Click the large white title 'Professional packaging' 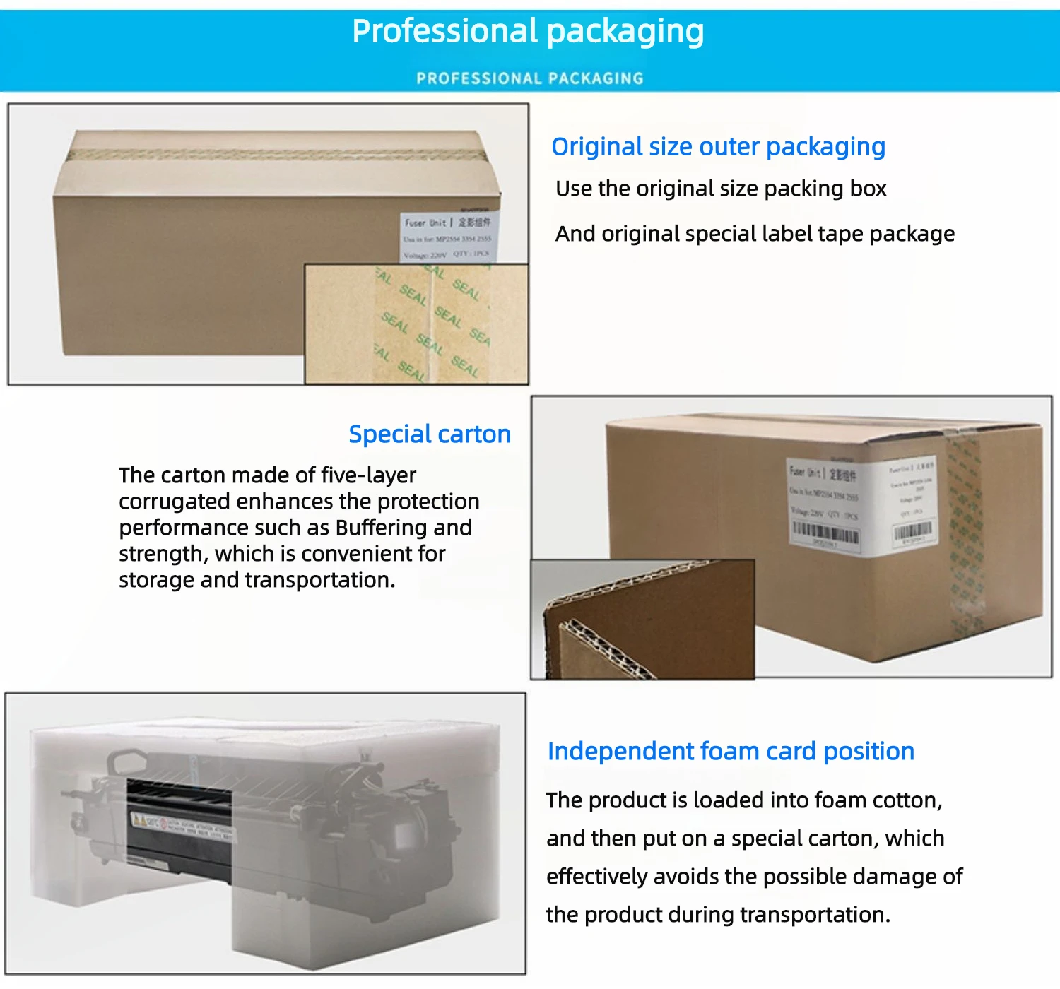(528, 32)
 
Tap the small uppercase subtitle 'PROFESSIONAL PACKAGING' (530, 78)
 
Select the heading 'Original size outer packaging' (718, 147)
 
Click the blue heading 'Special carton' (430, 434)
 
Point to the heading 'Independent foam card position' (731, 751)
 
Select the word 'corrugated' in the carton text (174, 502)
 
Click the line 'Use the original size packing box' (721, 189)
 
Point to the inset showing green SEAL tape (416, 324)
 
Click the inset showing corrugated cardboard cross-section (642, 620)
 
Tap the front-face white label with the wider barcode (825, 503)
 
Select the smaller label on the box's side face (912, 503)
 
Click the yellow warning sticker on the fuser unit (140, 820)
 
